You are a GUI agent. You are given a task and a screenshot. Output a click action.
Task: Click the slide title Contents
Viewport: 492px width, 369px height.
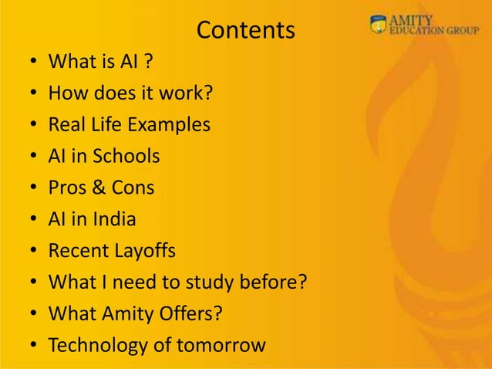[246, 30]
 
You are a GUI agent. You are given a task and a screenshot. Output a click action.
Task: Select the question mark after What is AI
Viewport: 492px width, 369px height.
[147, 61]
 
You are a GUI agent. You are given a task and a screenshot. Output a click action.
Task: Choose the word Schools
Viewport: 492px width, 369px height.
[126, 156]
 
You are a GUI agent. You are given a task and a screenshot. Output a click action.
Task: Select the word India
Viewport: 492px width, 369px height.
[115, 219]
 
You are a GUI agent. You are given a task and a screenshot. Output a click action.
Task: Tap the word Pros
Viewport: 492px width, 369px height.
[68, 188]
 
